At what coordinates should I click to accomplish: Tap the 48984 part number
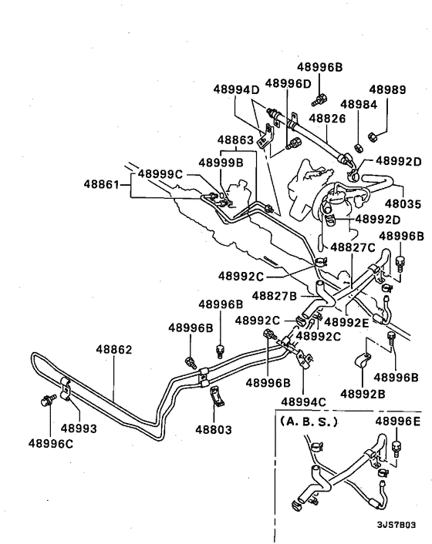[x=358, y=103]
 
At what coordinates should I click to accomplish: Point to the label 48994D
[x=238, y=89]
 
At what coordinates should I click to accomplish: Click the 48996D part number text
[x=288, y=82]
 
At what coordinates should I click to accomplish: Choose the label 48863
[x=235, y=140]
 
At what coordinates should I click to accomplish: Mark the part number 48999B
[x=221, y=163]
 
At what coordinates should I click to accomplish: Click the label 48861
[x=103, y=184]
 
